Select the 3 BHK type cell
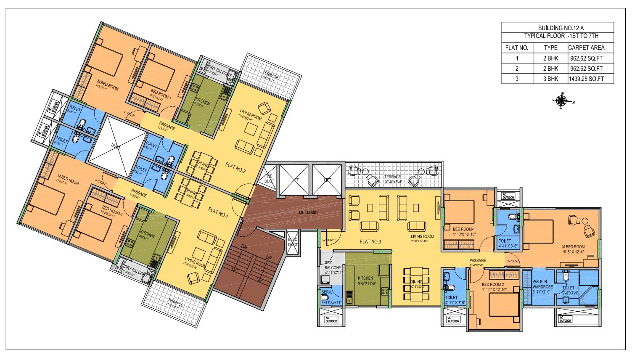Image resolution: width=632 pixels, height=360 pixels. click(x=550, y=79)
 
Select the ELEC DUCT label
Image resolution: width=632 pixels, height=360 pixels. click(x=292, y=242)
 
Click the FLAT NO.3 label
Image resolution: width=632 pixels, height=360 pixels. click(x=370, y=241)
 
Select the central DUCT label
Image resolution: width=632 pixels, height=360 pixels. click(x=115, y=146)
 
